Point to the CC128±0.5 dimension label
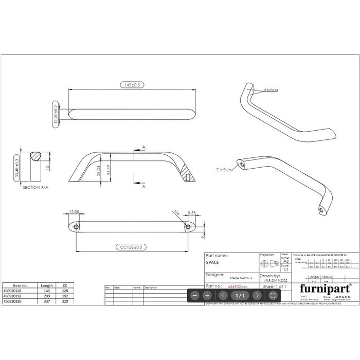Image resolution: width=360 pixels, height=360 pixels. (131, 247)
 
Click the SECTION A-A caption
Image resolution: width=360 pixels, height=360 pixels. (36, 188)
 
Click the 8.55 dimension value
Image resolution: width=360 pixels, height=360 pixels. (192, 212)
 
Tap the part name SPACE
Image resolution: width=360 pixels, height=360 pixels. (212, 262)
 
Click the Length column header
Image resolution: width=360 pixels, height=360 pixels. (47, 285)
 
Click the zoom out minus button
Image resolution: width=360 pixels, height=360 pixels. (195, 295)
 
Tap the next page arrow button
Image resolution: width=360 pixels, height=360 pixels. (257, 295)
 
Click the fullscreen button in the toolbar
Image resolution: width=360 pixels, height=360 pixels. (273, 295)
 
